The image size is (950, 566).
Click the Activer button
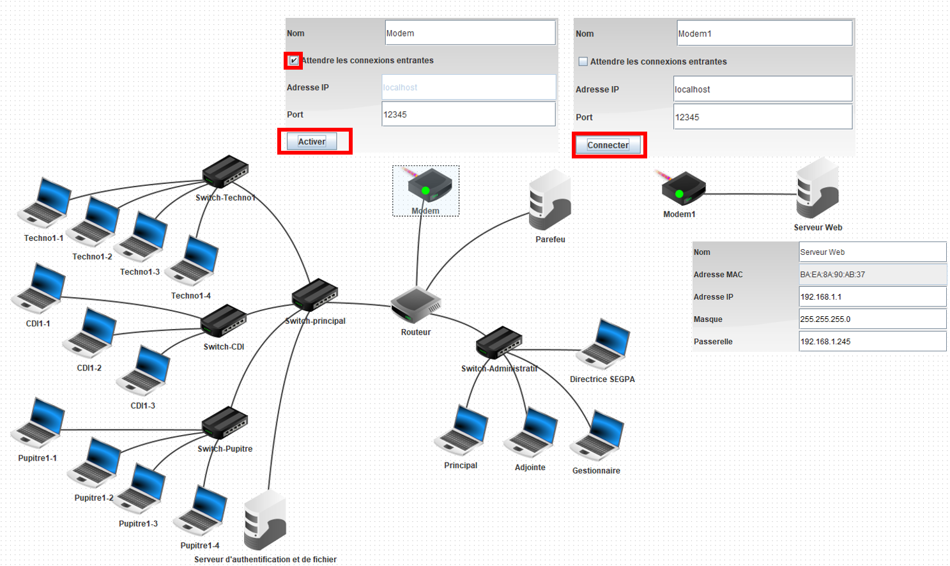coord(312,142)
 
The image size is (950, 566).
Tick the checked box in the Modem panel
coord(293,61)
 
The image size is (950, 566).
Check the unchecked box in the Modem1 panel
coord(583,62)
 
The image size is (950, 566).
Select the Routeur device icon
coord(416,305)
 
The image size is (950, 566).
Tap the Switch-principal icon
coord(315,296)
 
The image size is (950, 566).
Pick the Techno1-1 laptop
coord(45,203)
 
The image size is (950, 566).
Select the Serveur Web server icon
coord(817,189)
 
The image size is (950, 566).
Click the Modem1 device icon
coord(682,189)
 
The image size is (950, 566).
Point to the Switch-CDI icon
coord(224,321)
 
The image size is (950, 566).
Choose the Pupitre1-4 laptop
coord(202,511)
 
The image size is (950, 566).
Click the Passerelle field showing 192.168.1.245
coord(872,342)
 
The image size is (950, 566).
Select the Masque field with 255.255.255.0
coord(872,319)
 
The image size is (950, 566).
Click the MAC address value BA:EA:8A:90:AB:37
coord(872,275)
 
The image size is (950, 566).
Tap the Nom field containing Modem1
coord(764,34)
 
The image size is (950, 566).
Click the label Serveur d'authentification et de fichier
coord(265,560)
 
